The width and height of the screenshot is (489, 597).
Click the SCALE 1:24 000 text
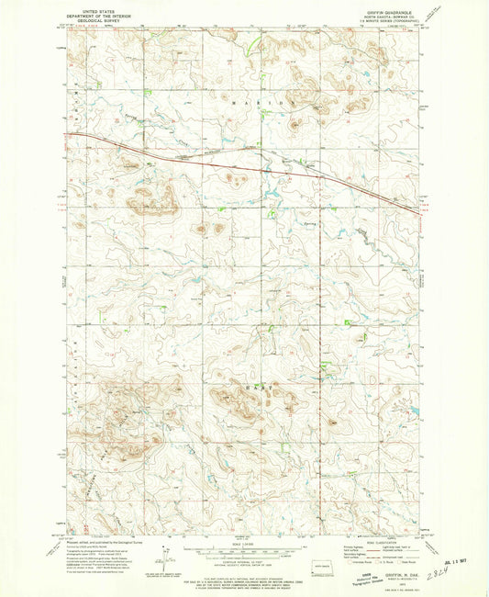click(x=243, y=539)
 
